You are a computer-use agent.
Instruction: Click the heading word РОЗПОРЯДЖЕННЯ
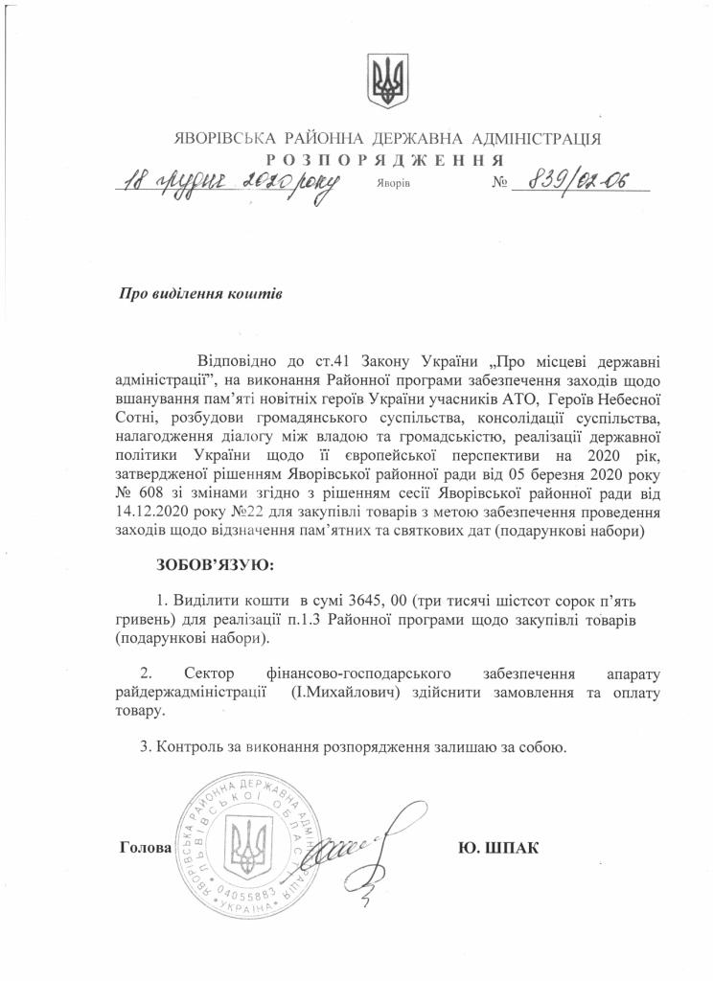point(382,158)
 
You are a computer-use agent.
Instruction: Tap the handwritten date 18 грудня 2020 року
point(228,182)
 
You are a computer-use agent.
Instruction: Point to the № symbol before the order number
point(500,182)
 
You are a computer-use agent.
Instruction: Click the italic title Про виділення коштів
point(199,294)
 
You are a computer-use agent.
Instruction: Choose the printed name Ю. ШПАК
point(500,848)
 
